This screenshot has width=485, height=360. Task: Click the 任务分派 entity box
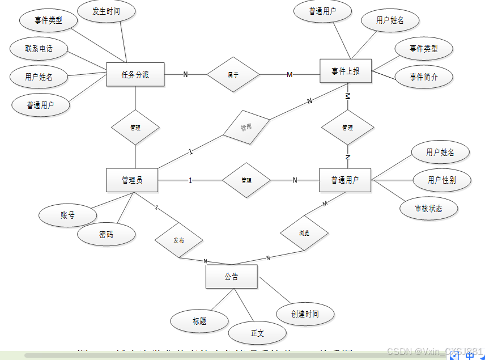point(135,74)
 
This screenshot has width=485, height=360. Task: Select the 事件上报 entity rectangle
point(345,71)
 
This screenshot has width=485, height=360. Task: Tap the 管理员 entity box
point(132,180)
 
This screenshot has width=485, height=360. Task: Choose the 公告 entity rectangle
point(231,277)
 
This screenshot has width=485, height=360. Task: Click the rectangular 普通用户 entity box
point(345,180)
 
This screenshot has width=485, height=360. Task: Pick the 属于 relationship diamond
point(233,74)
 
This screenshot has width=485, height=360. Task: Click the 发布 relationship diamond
point(179,240)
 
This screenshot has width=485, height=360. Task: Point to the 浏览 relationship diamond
point(304,233)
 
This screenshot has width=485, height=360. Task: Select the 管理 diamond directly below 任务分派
point(135,128)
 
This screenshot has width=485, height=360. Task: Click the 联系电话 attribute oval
point(39,49)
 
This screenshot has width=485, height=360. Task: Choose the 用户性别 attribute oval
point(441,180)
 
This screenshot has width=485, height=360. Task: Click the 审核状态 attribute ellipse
point(429,208)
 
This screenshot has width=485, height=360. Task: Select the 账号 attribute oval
point(67,215)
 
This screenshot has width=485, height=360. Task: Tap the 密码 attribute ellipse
point(106,234)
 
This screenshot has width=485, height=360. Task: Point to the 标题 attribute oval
point(199,321)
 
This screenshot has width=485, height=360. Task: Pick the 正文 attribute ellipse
point(257,333)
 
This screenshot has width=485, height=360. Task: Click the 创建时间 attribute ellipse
point(305,314)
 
